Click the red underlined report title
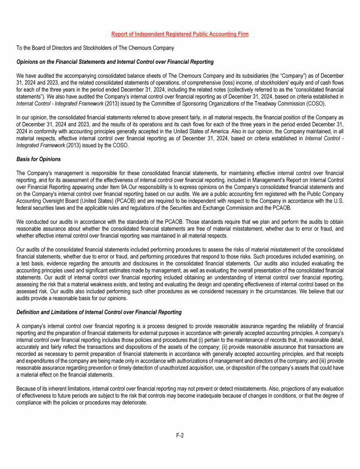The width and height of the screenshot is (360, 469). [x=180, y=34]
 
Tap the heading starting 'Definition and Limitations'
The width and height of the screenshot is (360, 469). [x=99, y=312]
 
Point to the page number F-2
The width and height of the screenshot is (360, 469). [x=180, y=435]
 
